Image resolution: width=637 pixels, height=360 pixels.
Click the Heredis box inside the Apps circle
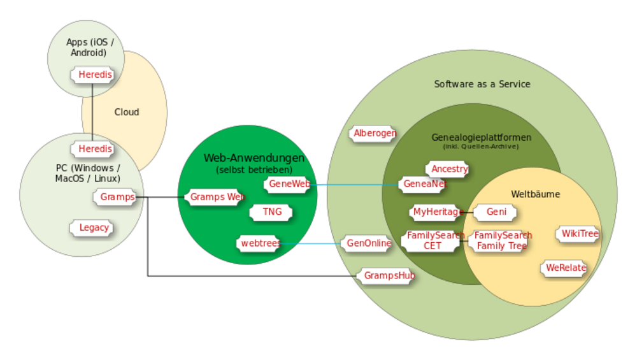(x=95, y=75)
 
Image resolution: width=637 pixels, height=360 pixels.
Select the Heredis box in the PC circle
(x=95, y=148)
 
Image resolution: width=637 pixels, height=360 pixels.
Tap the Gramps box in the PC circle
(x=117, y=197)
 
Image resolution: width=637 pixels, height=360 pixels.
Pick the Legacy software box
(x=94, y=227)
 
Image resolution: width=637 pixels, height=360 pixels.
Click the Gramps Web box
(x=216, y=197)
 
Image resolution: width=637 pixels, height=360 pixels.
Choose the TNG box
(x=271, y=212)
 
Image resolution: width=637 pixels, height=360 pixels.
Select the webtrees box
(x=258, y=243)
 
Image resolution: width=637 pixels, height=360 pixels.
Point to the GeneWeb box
(x=289, y=184)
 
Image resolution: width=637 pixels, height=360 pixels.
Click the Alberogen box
(x=374, y=133)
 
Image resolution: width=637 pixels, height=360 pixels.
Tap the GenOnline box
(x=368, y=243)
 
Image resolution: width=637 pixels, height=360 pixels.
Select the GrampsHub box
(x=388, y=276)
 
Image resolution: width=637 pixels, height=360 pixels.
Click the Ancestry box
(x=449, y=169)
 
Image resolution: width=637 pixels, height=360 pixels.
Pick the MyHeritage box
(x=436, y=212)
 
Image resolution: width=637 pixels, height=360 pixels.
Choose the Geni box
(x=497, y=212)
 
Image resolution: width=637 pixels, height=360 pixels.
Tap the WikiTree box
(x=579, y=234)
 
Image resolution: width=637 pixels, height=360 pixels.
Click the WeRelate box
(x=565, y=268)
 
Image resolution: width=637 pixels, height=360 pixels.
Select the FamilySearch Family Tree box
(x=501, y=240)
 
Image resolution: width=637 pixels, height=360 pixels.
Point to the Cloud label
(x=127, y=112)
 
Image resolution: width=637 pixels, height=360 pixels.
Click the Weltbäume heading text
(x=535, y=194)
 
